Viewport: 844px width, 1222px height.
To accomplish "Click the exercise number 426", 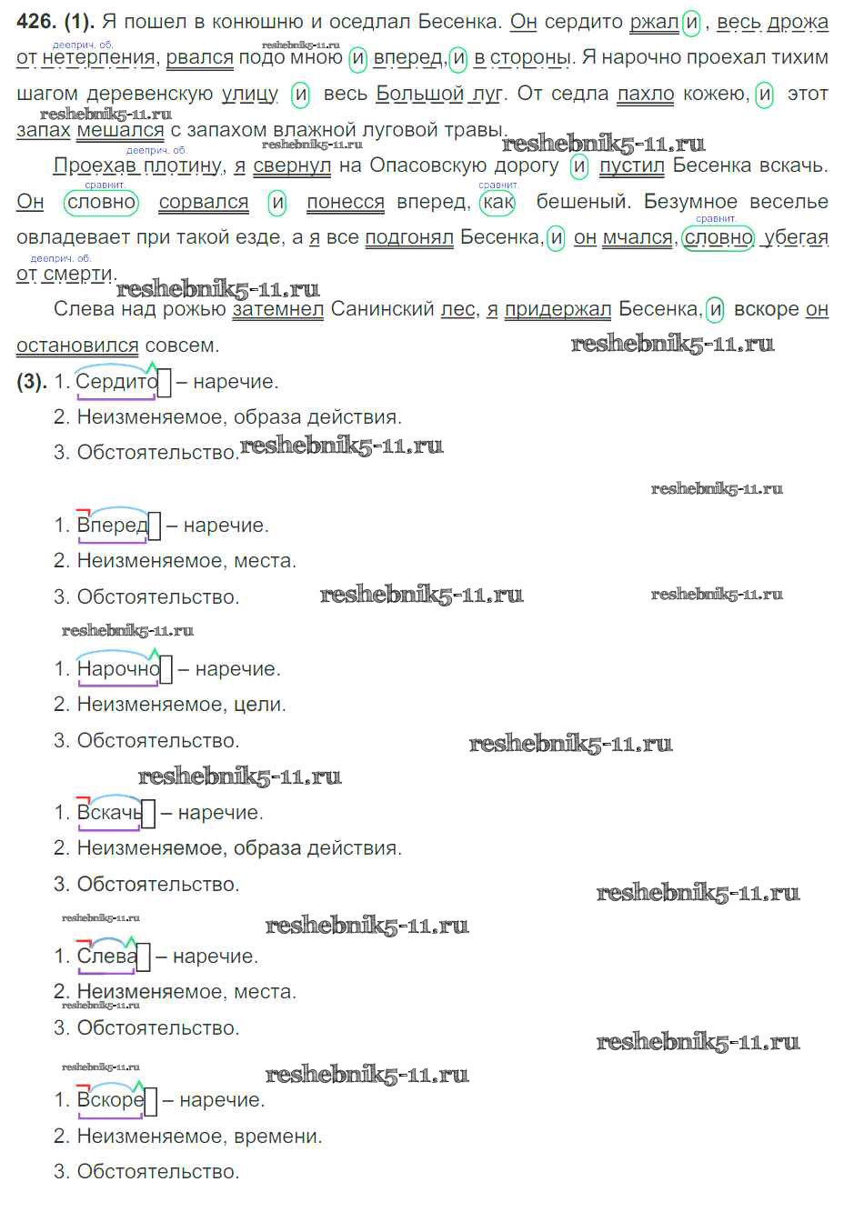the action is click(36, 21).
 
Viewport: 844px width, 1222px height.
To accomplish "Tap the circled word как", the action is click(497, 202).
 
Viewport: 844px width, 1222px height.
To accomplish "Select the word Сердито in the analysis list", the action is click(116, 381).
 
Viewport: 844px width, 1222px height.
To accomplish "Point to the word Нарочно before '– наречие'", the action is click(118, 668).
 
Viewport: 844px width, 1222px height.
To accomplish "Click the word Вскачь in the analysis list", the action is click(110, 812).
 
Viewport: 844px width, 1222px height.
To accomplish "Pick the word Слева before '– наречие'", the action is click(107, 956).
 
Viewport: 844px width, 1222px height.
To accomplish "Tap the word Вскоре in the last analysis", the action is click(111, 1100).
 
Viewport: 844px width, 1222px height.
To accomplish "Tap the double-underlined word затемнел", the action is click(278, 309).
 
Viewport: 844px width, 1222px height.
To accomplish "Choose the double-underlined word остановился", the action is click(77, 346).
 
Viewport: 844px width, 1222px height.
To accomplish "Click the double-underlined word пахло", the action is click(646, 94).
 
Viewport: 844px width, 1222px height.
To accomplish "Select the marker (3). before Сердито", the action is click(32, 381).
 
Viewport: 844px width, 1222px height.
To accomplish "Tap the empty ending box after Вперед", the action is click(155, 526).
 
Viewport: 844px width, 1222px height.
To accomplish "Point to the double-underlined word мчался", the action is click(638, 238).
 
